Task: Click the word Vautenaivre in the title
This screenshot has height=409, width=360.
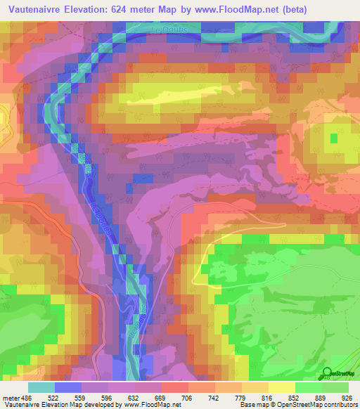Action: click(x=36, y=8)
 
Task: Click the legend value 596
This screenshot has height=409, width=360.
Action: click(x=107, y=398)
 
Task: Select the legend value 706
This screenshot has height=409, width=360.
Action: click(x=186, y=398)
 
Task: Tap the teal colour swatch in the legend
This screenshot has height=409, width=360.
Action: click(x=41, y=387)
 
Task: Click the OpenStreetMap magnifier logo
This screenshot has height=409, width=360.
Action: click(x=327, y=373)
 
